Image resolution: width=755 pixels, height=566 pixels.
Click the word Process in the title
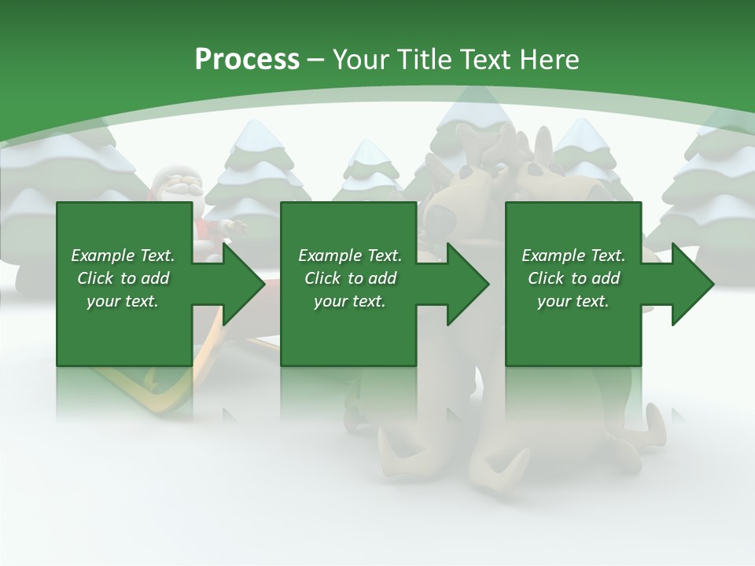point(247,60)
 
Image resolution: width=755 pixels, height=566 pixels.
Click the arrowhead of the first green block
point(244,284)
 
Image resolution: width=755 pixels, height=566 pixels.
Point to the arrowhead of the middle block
point(468,284)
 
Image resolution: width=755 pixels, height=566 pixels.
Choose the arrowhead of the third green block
point(693,284)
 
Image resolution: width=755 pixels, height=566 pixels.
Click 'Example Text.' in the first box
point(123,255)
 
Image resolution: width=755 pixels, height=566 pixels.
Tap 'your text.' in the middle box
point(349,302)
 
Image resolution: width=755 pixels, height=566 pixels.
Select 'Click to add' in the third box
point(573,278)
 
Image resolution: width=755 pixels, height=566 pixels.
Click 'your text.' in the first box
point(123,302)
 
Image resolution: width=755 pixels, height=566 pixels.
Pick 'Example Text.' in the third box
point(573,255)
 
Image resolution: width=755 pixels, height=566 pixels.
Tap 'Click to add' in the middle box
point(349,278)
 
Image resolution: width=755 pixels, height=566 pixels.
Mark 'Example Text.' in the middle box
point(349,255)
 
